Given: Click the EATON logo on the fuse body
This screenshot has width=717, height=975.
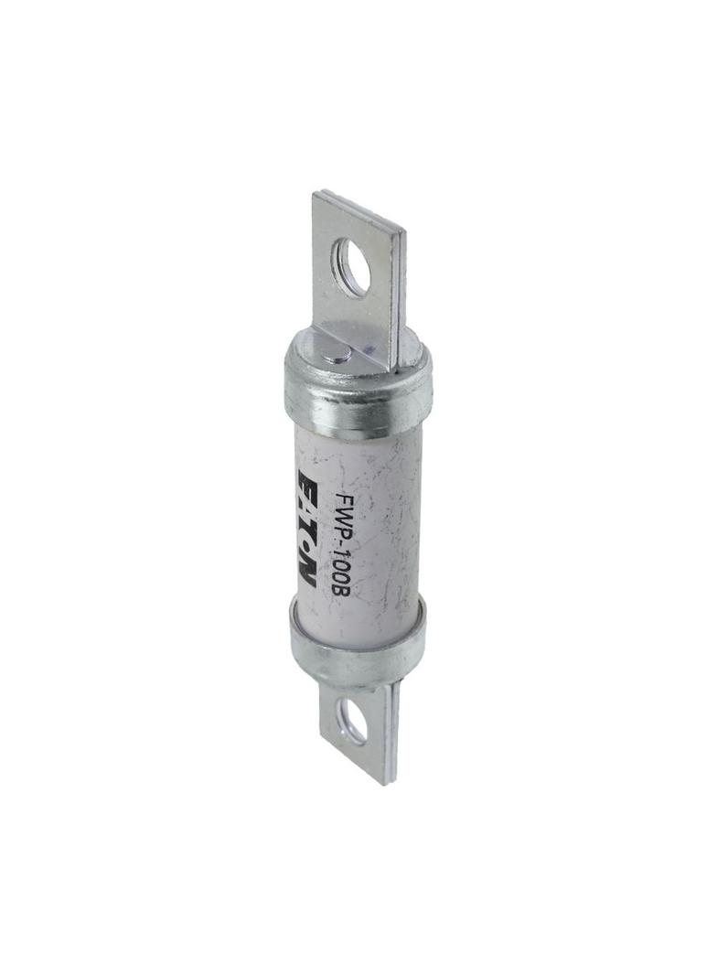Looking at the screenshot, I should coord(308,529).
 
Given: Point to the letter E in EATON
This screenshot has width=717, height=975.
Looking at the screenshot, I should coord(308,482).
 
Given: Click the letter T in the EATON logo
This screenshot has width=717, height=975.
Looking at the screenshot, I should coord(308,526).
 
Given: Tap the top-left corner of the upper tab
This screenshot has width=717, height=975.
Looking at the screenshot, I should coord(316,192).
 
